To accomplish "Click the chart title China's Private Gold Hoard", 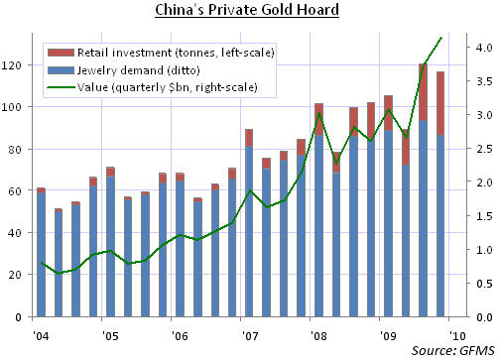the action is coord(247,10).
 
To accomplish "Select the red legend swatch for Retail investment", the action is coord(61,53).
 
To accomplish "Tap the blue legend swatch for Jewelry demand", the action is coord(61,70).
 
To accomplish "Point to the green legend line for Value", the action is coord(61,87).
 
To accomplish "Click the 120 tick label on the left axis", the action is coord(11,65).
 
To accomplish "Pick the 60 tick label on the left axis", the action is coord(15,190).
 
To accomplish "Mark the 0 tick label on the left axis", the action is coord(18,317).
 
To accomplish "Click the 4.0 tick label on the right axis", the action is coord(484,48).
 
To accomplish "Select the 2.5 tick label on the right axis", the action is coord(484,149).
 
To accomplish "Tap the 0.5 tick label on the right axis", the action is coord(484,284).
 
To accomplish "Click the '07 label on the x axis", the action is coord(250,336).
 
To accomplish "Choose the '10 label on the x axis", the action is coord(457,336).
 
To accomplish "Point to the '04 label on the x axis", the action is coord(41,336).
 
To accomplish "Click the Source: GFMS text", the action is coord(452,351).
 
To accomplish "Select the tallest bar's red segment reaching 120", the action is coord(423,92).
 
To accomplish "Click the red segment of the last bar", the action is coord(440,103).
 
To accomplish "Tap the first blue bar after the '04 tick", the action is coord(41,255).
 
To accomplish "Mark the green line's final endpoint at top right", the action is coord(441,38).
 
